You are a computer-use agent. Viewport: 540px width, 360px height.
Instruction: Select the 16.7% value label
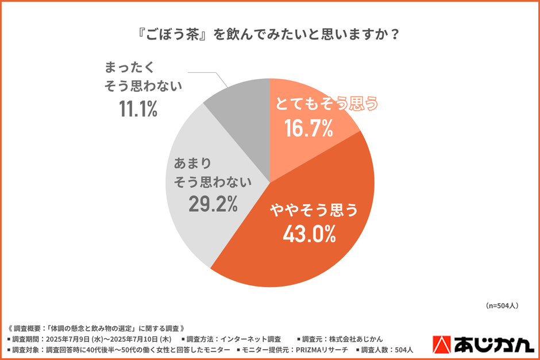click(x=308, y=129)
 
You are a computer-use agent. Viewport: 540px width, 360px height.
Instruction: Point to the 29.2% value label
click(x=213, y=204)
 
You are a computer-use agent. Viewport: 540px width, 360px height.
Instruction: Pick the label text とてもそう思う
click(x=327, y=104)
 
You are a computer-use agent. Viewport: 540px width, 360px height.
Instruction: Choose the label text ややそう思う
click(x=314, y=210)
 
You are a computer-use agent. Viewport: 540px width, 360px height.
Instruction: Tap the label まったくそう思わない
click(x=143, y=77)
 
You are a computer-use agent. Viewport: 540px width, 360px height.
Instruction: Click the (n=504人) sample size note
click(x=502, y=305)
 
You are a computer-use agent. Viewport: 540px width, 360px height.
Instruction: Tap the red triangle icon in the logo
click(x=441, y=344)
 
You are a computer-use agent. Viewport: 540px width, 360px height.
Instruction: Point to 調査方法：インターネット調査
click(x=234, y=339)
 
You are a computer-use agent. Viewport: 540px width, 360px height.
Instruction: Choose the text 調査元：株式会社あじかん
click(x=339, y=339)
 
